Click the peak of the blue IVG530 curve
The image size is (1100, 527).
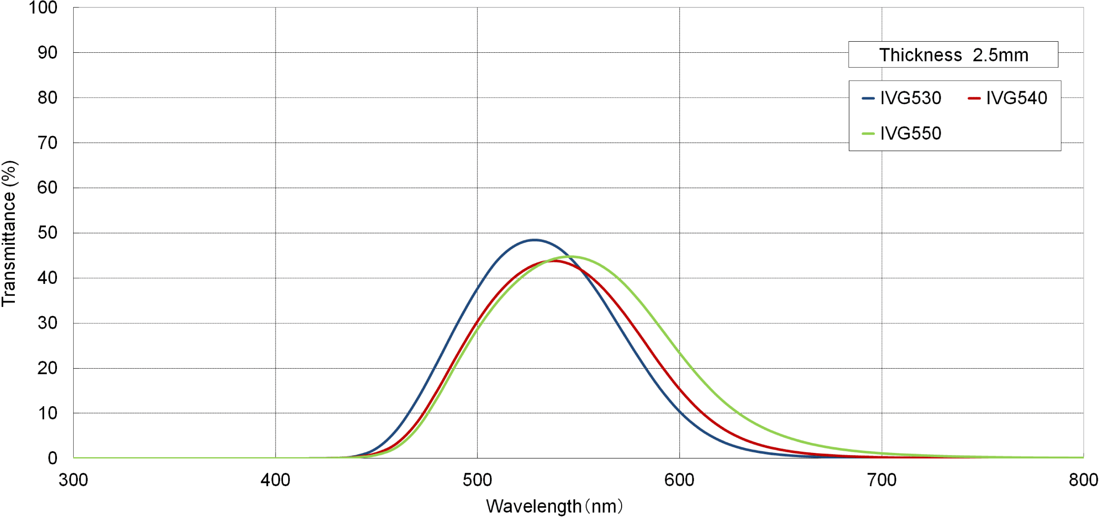(x=534, y=240)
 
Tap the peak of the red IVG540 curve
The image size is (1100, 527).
(x=554, y=261)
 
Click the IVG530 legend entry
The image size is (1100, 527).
(x=902, y=98)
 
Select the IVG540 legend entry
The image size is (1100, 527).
(x=1008, y=98)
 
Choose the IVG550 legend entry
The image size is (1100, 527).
(x=902, y=134)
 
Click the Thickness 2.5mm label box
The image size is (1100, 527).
(x=953, y=55)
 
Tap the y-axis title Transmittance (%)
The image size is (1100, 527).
(x=9, y=233)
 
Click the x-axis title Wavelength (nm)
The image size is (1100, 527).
(x=554, y=507)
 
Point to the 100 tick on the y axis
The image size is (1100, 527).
(x=43, y=8)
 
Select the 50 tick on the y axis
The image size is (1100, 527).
(x=47, y=233)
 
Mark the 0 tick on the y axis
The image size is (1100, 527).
(x=52, y=458)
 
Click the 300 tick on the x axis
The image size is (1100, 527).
(x=73, y=480)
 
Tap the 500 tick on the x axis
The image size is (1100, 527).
(x=477, y=480)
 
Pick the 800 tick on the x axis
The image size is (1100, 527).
(x=1083, y=480)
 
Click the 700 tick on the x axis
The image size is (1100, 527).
(x=881, y=480)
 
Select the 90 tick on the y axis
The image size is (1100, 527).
(x=47, y=53)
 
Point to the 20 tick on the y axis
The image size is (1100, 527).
(x=47, y=369)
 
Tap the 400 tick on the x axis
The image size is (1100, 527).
(x=275, y=480)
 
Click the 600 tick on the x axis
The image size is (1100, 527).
(x=679, y=480)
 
